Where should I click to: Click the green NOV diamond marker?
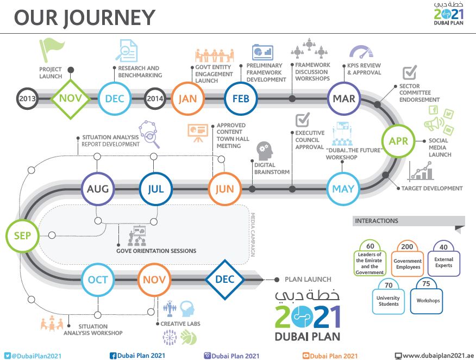70,98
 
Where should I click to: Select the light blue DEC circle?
115,98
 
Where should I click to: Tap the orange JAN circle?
187,98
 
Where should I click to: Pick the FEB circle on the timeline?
241,98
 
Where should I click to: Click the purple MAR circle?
344,100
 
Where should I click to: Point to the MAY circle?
343,189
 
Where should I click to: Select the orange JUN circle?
224,189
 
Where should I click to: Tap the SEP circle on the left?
22,235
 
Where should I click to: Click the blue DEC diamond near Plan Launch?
224,279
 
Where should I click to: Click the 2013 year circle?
28,98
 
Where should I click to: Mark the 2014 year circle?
155,98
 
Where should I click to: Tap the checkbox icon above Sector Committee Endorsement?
410,72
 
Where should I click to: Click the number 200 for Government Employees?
407,246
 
